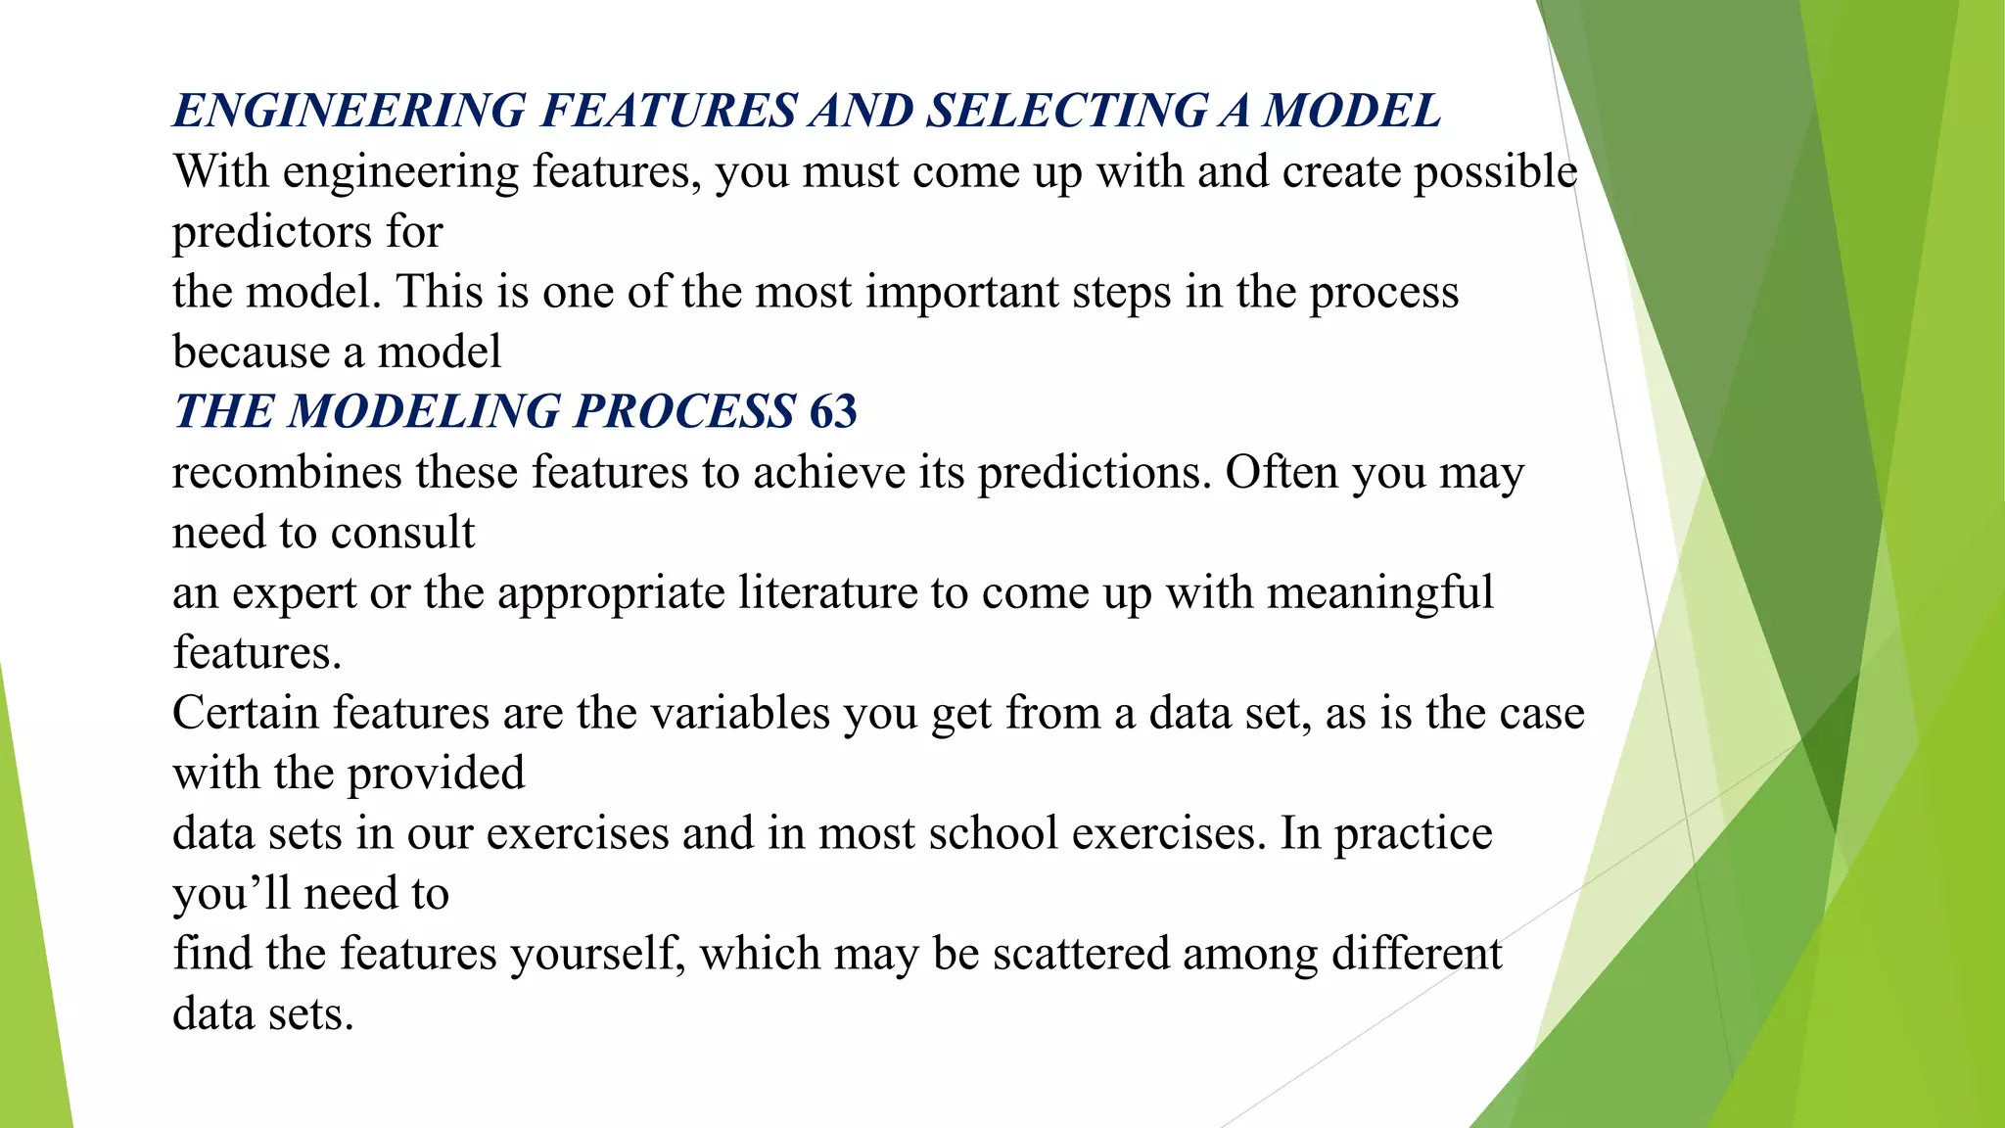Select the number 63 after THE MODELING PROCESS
[x=833, y=411]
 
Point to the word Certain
[x=247, y=713]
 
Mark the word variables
[x=740, y=713]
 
